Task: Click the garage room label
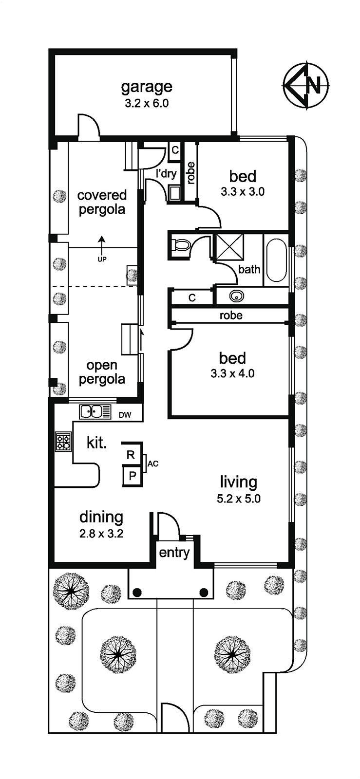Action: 147,87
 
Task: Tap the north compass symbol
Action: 306,85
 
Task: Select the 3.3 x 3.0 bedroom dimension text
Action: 243,191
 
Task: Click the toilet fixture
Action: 181,246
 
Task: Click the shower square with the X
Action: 230,247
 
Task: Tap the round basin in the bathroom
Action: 237,297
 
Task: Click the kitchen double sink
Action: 91,412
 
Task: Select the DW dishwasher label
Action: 125,415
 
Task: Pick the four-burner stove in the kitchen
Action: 63,442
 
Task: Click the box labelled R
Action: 131,455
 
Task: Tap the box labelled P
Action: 132,476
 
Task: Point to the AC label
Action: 153,464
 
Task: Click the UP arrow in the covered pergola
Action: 101,245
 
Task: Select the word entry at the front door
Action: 174,553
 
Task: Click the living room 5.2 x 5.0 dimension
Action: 239,499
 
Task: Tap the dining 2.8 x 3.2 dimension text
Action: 101,534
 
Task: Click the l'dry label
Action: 166,173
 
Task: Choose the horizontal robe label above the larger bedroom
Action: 231,315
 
